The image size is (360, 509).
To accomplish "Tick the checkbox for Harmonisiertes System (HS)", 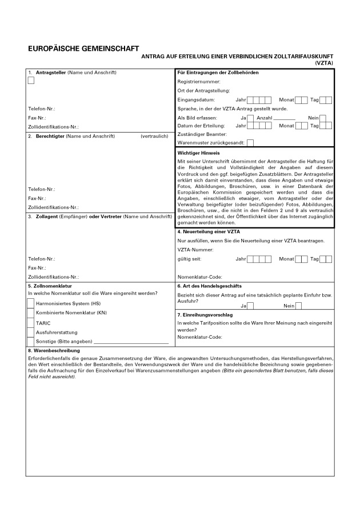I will (31, 303).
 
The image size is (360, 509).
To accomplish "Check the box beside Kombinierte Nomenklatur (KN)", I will (31, 313).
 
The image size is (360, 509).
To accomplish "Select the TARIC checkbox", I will (31, 323).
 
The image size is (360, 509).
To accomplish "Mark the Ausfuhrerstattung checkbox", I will (31, 332).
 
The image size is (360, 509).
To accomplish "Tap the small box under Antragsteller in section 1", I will (31, 81).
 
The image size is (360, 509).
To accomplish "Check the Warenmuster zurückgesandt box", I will (250, 142).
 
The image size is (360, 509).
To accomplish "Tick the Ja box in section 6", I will (250, 306).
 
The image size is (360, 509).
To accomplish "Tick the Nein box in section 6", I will (298, 306).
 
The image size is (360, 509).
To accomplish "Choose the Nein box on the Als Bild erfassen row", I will (323, 118).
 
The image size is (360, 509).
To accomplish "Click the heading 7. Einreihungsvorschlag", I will (208, 315).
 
